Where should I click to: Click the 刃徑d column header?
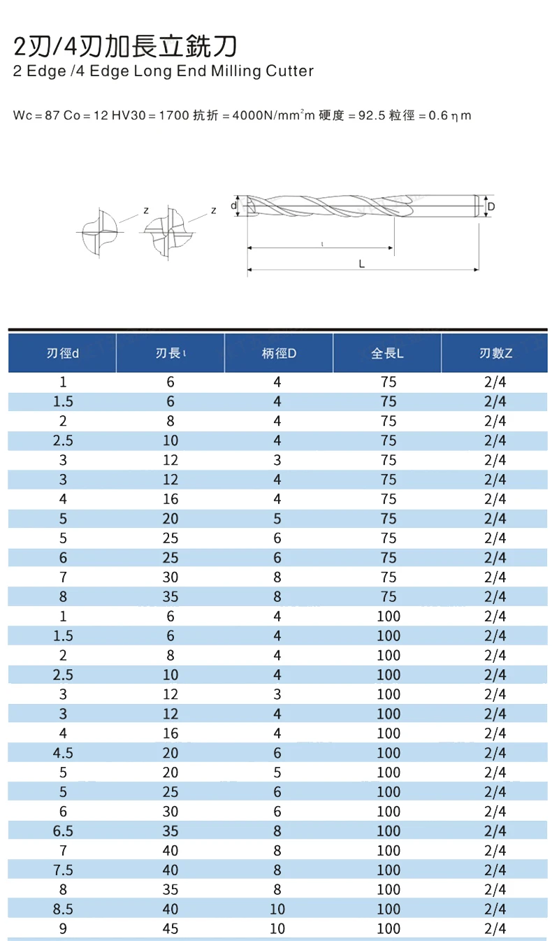63,353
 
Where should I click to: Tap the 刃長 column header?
170,353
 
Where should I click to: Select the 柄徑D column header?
279,353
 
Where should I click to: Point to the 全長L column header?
387,353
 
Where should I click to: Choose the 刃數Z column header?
495,353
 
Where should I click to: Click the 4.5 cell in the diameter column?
63,753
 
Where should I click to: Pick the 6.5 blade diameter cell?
63,831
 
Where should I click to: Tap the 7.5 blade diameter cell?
63,870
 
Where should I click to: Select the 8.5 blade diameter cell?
63,909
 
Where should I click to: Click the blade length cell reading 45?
170,928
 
